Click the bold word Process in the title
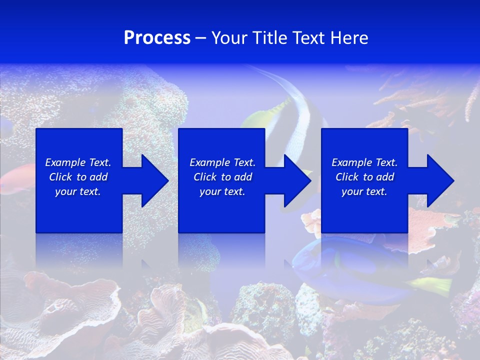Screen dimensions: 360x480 pos(157,38)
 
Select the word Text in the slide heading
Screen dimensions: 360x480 pos(310,38)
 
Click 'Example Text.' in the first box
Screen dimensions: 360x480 pos(78,162)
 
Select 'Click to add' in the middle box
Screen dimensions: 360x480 pos(222,177)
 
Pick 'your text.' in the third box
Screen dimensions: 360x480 pos(364,191)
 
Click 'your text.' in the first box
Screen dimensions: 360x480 pos(78,191)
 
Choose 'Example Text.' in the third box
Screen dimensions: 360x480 pos(364,162)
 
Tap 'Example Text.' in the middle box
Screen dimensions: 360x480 pos(222,162)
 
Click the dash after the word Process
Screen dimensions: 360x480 pos(201,38)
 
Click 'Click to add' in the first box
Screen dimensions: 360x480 pos(78,177)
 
